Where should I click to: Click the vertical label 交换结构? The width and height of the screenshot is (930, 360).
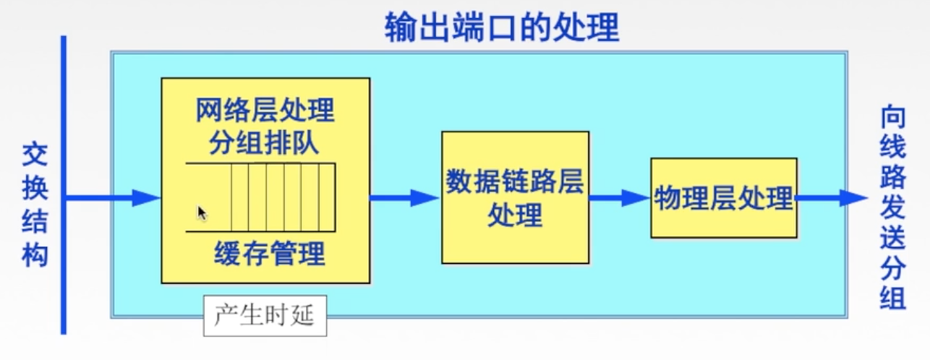pyautogui.click(x=34, y=205)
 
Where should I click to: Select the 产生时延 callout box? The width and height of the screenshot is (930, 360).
pyautogui.click(x=265, y=316)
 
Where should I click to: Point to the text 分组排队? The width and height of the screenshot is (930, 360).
pyautogui.click(x=265, y=142)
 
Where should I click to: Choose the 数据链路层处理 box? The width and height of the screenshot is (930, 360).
pyautogui.click(x=515, y=197)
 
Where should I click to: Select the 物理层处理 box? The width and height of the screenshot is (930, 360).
pyautogui.click(x=723, y=197)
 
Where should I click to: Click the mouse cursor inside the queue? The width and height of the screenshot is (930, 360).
pyautogui.click(x=202, y=213)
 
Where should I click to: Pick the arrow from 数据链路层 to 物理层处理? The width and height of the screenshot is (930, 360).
pyautogui.click(x=619, y=197)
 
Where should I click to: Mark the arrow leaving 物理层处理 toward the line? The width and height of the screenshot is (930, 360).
pyautogui.click(x=832, y=197)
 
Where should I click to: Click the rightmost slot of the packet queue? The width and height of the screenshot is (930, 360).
pyautogui.click(x=327, y=197)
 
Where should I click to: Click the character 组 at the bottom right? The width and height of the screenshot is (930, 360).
pyautogui.click(x=892, y=296)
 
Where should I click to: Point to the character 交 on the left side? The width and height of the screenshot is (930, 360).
pyautogui.click(x=34, y=154)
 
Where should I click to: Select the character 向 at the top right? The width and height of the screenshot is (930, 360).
pyautogui.click(x=892, y=118)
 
